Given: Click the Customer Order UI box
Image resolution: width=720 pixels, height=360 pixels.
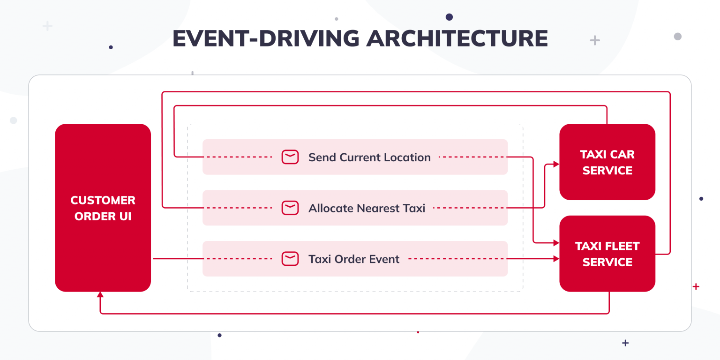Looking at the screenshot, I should tap(103, 208).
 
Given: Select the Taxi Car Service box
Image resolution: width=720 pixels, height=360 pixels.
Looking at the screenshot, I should tap(607, 162).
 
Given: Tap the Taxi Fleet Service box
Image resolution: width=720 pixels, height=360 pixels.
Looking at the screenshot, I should tap(607, 254).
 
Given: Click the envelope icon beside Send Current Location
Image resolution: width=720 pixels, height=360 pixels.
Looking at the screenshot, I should tap(290, 157).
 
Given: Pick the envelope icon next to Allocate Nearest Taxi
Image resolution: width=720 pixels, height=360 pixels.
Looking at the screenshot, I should tap(290, 208).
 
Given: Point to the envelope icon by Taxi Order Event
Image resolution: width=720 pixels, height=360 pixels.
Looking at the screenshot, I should tap(290, 259).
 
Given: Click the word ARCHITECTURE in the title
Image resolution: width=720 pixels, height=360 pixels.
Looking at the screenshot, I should tap(457, 38).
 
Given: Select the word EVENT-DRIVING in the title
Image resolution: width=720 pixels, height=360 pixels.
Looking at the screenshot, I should tap(266, 38).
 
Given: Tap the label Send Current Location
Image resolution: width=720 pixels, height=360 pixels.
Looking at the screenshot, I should tap(369, 157).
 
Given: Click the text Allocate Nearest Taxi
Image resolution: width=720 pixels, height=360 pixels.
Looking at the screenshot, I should tap(367, 208).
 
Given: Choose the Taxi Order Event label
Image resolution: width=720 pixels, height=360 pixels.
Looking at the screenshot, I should tap(354, 259).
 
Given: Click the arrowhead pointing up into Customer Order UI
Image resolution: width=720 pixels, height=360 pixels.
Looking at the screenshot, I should tap(100, 295).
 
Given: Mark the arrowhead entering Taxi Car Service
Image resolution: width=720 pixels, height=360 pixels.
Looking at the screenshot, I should tap(556, 164).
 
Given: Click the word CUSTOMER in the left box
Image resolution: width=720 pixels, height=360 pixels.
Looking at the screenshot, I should tap(103, 200).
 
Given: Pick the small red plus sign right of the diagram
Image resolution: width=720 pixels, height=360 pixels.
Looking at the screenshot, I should tap(696, 286).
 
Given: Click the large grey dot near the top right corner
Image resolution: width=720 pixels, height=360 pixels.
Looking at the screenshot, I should tap(677, 36).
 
